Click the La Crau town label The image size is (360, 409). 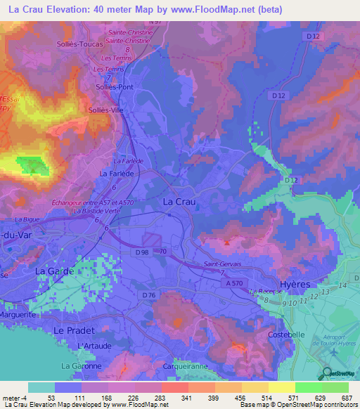click(x=179, y=201)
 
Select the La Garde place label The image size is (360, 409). click(x=53, y=271)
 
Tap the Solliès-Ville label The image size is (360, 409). click(x=105, y=110)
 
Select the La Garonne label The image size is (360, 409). click(x=81, y=366)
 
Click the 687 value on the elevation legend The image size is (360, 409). click(x=345, y=397)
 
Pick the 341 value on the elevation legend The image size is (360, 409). click(x=166, y=397)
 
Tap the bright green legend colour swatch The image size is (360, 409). click(x=308, y=387)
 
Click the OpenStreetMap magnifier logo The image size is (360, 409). click(x=326, y=373)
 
